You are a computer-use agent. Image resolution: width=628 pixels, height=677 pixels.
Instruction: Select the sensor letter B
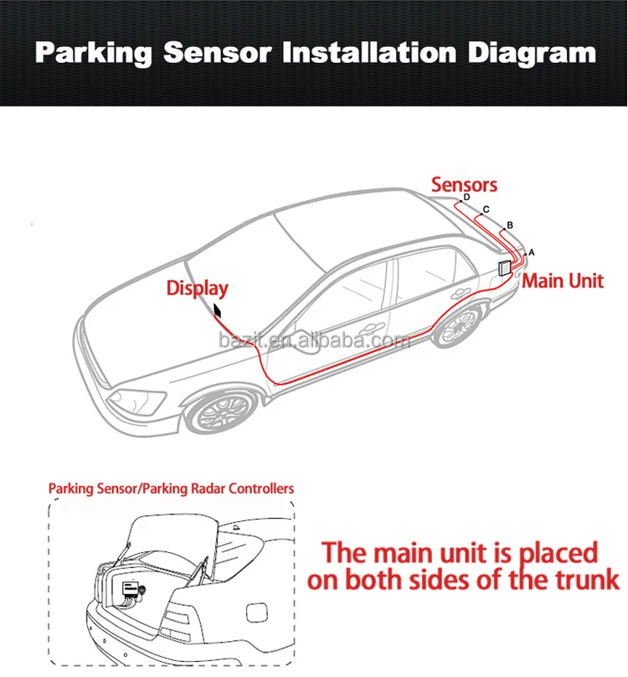click(x=510, y=225)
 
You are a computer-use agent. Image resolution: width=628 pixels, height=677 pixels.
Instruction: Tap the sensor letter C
click(x=486, y=209)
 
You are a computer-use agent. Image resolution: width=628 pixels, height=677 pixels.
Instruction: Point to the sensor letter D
click(x=466, y=198)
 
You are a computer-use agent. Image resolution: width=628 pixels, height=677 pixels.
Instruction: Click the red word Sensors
click(x=464, y=184)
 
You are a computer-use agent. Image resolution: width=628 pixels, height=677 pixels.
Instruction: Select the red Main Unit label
click(x=563, y=281)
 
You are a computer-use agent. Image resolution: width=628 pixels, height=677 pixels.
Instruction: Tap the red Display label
click(x=197, y=288)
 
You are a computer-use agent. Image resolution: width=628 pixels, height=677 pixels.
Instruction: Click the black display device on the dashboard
click(x=218, y=312)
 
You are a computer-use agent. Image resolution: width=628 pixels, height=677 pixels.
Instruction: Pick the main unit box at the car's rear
click(x=506, y=267)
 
